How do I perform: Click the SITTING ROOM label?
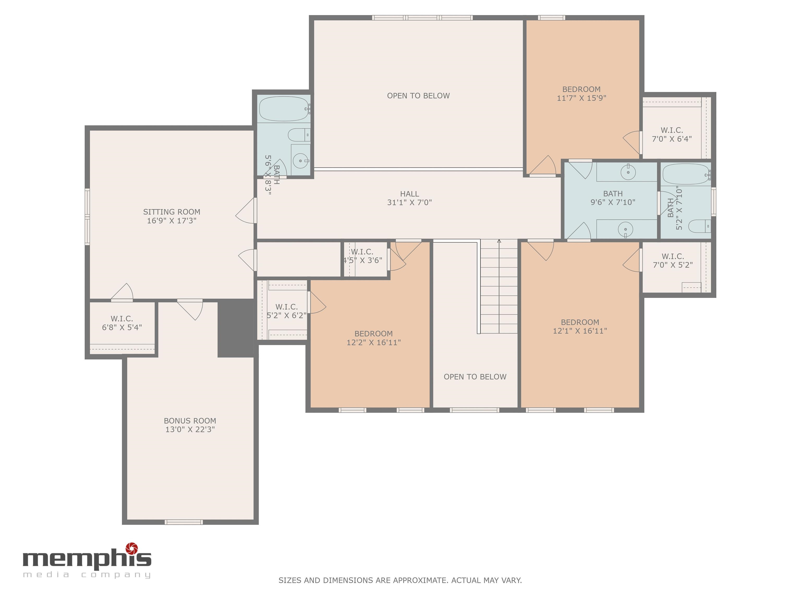(171, 212)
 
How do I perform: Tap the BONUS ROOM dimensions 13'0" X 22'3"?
(190, 430)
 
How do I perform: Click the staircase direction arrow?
(499, 242)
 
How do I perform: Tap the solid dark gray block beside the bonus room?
(236, 328)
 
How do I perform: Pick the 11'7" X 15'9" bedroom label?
(581, 93)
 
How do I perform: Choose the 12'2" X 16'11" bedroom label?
(373, 338)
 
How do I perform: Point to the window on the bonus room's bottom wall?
(184, 522)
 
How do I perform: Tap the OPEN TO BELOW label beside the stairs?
(475, 377)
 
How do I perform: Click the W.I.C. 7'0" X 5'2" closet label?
(672, 261)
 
